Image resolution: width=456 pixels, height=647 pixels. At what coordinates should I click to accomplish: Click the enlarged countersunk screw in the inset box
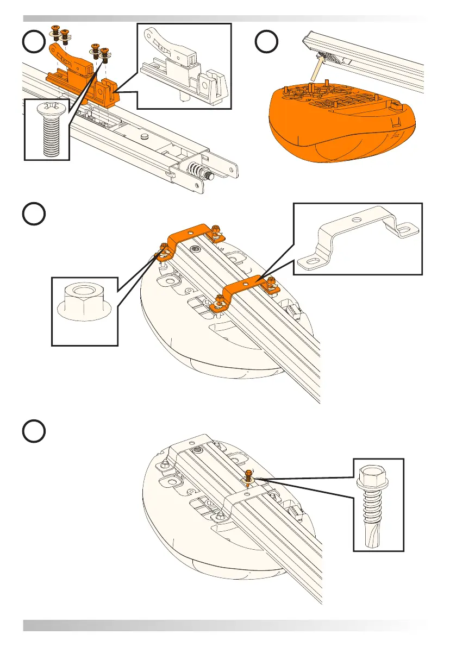pyautogui.click(x=47, y=129)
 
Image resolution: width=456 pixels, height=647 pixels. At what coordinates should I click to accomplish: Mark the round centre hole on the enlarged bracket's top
pyautogui.click(x=355, y=219)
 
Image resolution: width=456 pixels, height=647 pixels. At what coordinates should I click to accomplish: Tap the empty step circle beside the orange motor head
pyautogui.click(x=267, y=42)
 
